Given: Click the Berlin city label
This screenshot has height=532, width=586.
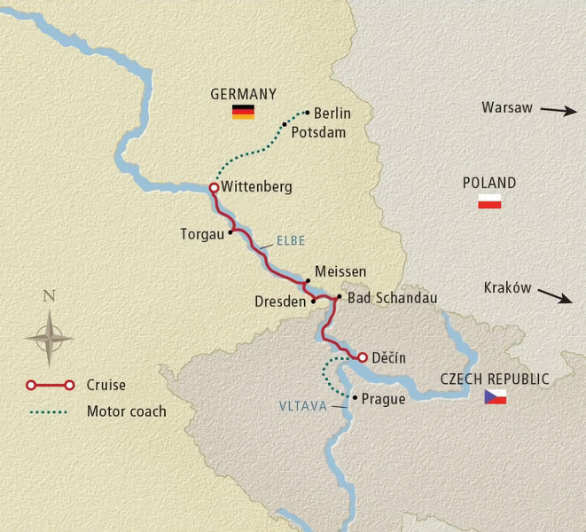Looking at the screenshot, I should click(x=332, y=113).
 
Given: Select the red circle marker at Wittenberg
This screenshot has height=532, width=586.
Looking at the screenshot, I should click(x=213, y=188).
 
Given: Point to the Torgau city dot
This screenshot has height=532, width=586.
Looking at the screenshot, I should click(x=230, y=232).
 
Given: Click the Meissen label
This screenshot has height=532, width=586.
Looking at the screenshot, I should click(x=340, y=271).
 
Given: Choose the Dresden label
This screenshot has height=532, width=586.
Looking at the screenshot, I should click(x=280, y=301).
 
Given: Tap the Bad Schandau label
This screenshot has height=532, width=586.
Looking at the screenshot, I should click(x=392, y=298).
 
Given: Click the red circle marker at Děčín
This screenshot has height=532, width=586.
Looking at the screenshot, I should click(x=362, y=357).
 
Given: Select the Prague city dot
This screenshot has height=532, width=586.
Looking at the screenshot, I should click(x=355, y=398).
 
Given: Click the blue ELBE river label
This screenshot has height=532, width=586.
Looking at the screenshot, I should click(x=292, y=240).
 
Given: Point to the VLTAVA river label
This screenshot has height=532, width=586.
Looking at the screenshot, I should click(x=302, y=406).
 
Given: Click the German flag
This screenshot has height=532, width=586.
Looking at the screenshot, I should click(x=243, y=112).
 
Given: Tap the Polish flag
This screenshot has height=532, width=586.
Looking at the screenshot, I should click(x=489, y=201).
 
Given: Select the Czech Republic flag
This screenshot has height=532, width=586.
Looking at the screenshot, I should click(x=495, y=397).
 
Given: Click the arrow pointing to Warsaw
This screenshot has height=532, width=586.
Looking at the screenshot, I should click(x=558, y=110).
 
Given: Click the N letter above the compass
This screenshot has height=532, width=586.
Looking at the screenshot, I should click(x=49, y=296).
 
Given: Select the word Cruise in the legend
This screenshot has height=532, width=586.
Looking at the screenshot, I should click(x=105, y=385).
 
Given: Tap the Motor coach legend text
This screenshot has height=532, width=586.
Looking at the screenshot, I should click(x=126, y=411).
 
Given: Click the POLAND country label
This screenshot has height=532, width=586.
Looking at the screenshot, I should click(x=489, y=183).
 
